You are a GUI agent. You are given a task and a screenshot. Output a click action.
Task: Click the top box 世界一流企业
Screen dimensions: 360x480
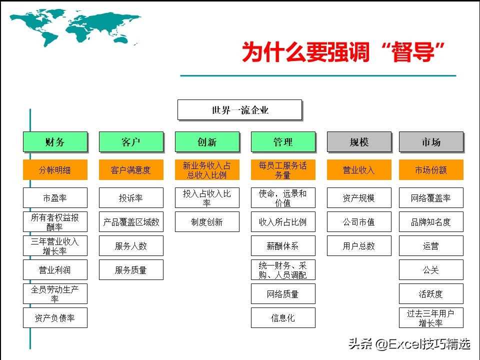point(239,110)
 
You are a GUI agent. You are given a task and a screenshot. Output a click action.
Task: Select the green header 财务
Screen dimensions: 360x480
point(55,142)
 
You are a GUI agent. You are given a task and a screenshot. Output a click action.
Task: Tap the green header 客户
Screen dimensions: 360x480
point(131,142)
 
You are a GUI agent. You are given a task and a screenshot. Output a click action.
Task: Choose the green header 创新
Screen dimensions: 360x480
point(207,142)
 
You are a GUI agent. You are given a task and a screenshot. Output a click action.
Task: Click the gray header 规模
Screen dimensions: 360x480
point(359,142)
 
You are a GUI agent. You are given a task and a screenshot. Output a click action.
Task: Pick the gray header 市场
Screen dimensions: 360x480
point(431,142)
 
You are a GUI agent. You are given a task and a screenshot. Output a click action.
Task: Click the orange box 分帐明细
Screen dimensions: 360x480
point(55,170)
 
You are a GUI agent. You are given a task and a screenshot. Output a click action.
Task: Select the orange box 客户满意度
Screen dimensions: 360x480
point(131,170)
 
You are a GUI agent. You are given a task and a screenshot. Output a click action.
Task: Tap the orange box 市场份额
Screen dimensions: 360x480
point(431,170)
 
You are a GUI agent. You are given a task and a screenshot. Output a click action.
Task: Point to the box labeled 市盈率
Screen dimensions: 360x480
point(55,198)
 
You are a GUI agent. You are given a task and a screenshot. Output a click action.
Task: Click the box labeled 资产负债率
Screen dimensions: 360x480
point(55,318)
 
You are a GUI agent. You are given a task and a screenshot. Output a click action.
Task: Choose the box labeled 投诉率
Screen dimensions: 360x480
point(131,198)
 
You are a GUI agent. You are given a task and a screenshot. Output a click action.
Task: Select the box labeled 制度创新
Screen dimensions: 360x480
point(207,222)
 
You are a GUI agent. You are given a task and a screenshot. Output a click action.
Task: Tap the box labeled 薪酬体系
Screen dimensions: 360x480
point(283,246)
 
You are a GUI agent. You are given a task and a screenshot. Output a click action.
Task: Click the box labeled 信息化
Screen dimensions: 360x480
point(283,318)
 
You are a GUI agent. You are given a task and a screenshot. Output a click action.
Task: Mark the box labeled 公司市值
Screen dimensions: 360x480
point(359,222)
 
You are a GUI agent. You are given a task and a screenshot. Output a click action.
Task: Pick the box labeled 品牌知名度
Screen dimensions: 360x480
point(431,222)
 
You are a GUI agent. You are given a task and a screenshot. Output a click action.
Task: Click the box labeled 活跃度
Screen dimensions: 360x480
point(431,294)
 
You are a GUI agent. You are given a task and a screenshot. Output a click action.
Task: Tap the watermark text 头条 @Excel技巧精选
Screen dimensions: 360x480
point(409,344)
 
